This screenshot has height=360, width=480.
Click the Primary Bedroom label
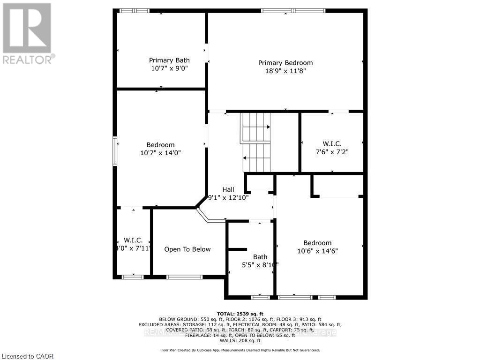click(285, 63)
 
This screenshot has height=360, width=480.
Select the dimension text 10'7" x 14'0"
click(160, 153)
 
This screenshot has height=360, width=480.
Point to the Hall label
click(228, 189)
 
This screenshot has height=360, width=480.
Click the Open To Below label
click(187, 249)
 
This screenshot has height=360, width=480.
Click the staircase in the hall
click(256, 142)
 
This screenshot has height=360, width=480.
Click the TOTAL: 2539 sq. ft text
click(240, 314)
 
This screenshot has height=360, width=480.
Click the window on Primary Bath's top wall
click(134, 10)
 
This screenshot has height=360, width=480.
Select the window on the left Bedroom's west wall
click(114, 150)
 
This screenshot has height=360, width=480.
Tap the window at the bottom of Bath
click(260, 297)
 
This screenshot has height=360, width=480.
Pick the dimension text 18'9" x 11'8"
click(285, 71)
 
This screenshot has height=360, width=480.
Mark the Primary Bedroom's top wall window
click(292, 10)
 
